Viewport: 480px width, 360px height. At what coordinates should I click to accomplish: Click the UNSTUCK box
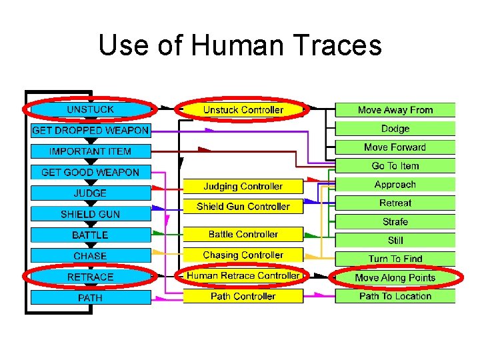pyautogui.click(x=90, y=109)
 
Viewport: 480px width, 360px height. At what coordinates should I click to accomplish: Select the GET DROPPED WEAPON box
pyautogui.click(x=90, y=131)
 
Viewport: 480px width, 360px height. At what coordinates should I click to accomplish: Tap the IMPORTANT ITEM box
pyautogui.click(x=90, y=151)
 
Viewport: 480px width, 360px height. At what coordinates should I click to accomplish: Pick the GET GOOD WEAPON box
pyautogui.click(x=90, y=172)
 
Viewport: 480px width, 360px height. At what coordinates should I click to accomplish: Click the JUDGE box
pyautogui.click(x=90, y=193)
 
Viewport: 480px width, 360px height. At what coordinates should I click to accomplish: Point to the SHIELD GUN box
pyautogui.click(x=90, y=214)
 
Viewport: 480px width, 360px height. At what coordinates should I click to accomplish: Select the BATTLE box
pyautogui.click(x=90, y=235)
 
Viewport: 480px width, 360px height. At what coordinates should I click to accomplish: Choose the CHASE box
pyautogui.click(x=90, y=256)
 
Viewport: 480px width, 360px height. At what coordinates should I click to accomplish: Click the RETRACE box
pyautogui.click(x=90, y=277)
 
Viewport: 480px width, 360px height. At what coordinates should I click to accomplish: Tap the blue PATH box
pyautogui.click(x=90, y=298)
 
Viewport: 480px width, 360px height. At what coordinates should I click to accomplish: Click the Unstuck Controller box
pyautogui.click(x=243, y=110)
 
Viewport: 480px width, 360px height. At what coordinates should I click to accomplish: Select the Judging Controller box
pyautogui.click(x=243, y=187)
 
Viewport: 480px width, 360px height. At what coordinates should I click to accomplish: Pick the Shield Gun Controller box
pyautogui.click(x=243, y=207)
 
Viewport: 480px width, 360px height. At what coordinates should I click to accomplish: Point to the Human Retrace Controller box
pyautogui.click(x=243, y=275)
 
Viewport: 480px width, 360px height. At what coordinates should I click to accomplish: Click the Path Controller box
pyautogui.click(x=243, y=296)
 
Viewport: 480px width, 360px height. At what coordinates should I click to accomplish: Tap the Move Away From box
pyautogui.click(x=395, y=110)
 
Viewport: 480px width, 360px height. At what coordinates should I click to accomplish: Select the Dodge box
pyautogui.click(x=395, y=129)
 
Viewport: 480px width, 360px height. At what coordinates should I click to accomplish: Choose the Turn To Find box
pyautogui.click(x=395, y=259)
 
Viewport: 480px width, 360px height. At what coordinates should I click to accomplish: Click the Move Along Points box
pyautogui.click(x=395, y=277)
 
